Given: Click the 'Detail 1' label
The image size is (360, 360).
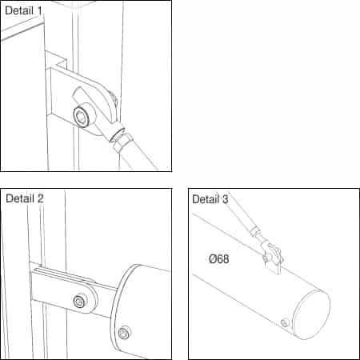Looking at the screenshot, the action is pyautogui.click(x=23, y=10).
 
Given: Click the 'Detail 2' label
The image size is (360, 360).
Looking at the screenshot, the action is pyautogui.click(x=25, y=198).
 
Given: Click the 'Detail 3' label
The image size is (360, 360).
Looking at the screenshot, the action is pyautogui.click(x=210, y=199).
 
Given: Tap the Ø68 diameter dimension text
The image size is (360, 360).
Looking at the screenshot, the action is pyautogui.click(x=219, y=258).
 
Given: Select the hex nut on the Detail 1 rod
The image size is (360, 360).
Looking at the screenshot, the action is pyautogui.click(x=122, y=142).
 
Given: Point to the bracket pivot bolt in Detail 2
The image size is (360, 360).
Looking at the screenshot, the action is pyautogui.click(x=80, y=301).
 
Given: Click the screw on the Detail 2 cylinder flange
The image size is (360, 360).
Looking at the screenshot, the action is pyautogui.click(x=124, y=333).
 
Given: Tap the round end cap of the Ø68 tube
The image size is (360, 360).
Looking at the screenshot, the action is pyautogui.click(x=311, y=315).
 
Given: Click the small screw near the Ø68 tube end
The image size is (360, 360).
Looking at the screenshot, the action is pyautogui.click(x=285, y=323).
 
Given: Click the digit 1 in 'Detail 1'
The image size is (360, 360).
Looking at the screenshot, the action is pyautogui.click(x=39, y=10).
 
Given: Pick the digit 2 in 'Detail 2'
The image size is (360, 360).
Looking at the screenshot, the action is pyautogui.click(x=40, y=198).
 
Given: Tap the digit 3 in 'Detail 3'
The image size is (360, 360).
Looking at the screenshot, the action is pyautogui.click(x=226, y=199).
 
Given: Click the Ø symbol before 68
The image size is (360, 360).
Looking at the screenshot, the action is pyautogui.click(x=213, y=258).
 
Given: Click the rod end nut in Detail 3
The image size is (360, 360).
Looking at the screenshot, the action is pyautogui.click(x=254, y=231).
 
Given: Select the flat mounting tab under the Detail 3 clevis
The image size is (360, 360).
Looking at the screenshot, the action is pyautogui.click(x=272, y=267).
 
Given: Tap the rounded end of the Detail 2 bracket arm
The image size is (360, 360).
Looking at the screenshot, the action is pyautogui.click(x=92, y=298).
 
